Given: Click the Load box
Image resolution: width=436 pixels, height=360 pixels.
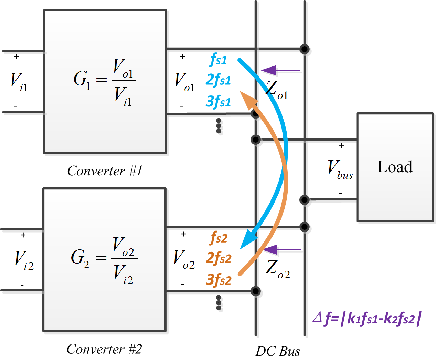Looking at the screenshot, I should click(x=395, y=167).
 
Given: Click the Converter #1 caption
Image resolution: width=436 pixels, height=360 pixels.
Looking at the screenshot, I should click(x=105, y=171).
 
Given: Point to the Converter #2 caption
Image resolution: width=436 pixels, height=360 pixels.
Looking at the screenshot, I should click(x=104, y=349).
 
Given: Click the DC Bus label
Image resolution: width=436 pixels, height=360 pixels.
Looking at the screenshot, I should click(x=278, y=351).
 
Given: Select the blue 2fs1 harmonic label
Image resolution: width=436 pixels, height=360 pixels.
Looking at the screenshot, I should click(x=218, y=80).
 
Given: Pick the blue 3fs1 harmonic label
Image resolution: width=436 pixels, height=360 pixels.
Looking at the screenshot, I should click(x=218, y=102).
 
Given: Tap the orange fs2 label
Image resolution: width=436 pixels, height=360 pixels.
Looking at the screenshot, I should click(x=219, y=238).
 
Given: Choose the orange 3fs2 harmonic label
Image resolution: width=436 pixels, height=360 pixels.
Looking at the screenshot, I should click(x=219, y=279).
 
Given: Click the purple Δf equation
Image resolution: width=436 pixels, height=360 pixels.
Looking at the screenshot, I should click(x=367, y=318).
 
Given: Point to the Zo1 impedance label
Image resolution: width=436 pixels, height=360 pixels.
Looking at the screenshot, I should click(x=277, y=90).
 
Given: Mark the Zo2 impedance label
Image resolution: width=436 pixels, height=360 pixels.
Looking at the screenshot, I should click(x=278, y=269).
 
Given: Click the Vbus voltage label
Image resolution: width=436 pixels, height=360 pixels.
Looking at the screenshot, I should click(x=340, y=169).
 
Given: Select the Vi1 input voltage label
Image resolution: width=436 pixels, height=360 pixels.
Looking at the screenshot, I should click(x=19, y=82).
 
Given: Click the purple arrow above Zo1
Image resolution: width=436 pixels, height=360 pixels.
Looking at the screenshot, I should click(x=280, y=70).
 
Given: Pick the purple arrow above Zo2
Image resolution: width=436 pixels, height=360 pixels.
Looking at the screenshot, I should click(x=282, y=249).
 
